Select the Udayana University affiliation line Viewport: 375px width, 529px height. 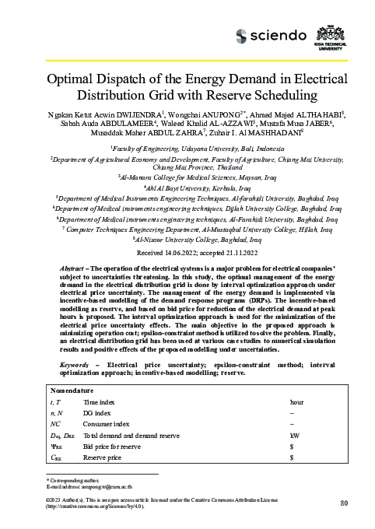[x=187, y=147]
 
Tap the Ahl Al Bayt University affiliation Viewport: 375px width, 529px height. [x=187, y=187]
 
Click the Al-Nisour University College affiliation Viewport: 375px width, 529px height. [x=187, y=241]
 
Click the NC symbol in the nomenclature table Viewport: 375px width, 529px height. [x=55, y=425]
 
